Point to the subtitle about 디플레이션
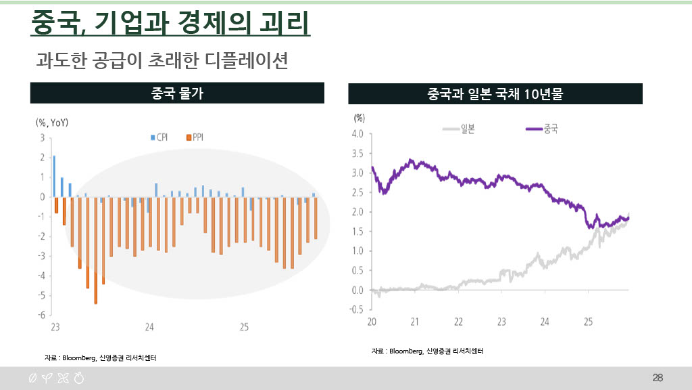click(x=162, y=61)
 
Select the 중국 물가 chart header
click(x=177, y=93)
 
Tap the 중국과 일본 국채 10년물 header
click(x=495, y=93)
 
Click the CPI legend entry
click(x=159, y=137)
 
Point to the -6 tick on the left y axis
click(x=41, y=315)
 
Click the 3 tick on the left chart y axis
click(x=43, y=137)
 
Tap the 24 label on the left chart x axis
click(x=149, y=327)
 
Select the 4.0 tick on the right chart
click(x=357, y=134)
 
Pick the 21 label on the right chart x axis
click(x=415, y=321)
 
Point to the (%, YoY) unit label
click(x=52, y=123)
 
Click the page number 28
click(x=658, y=377)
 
